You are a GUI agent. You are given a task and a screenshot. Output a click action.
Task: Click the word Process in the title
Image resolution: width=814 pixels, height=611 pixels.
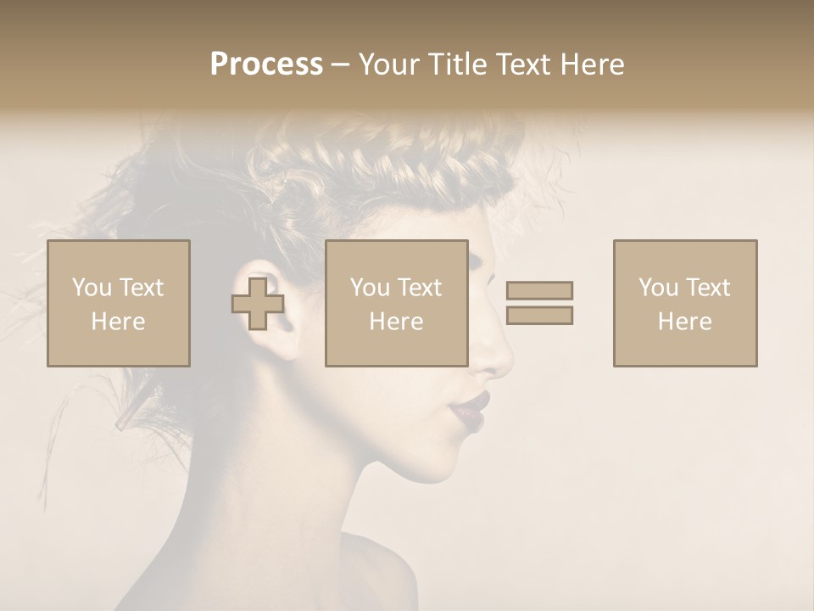point(266,64)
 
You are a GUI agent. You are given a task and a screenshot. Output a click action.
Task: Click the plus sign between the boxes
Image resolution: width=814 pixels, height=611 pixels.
point(258,304)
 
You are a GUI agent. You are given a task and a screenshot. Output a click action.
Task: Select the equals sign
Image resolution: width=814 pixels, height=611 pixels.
point(539,303)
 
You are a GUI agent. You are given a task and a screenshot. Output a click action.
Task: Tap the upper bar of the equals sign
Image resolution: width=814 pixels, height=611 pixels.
point(539,290)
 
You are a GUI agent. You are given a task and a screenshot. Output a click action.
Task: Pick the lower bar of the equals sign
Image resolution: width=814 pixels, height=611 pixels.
point(539,316)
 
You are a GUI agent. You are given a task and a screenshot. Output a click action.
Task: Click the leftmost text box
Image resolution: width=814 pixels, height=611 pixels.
point(119,304)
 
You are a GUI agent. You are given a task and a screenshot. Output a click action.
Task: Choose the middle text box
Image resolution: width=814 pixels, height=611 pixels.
point(397,304)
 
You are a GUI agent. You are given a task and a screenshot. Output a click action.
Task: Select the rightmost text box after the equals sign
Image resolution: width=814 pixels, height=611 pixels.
point(685,304)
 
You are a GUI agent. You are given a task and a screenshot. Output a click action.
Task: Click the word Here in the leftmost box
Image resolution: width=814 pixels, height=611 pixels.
point(118,322)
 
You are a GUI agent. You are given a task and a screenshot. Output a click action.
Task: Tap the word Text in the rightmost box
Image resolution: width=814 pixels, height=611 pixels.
point(707,288)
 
